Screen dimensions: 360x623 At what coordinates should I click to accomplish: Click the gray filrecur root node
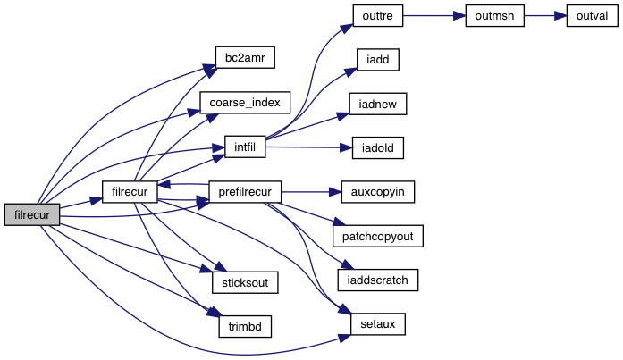(32, 214)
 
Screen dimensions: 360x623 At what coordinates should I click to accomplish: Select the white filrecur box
(130, 191)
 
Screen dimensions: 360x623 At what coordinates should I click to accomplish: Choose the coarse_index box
(244, 103)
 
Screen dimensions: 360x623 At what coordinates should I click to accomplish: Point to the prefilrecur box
(245, 191)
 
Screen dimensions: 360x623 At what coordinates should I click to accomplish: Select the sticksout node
(245, 281)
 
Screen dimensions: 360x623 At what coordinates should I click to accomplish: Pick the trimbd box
(245, 326)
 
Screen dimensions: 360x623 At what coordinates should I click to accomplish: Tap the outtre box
(377, 16)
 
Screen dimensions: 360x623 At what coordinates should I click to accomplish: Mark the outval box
(590, 16)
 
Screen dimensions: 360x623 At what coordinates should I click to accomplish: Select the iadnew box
(377, 104)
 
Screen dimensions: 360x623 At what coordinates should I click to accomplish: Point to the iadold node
(377, 147)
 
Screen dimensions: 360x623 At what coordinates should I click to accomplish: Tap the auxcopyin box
(377, 191)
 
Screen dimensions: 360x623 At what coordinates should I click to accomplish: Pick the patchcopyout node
(377, 236)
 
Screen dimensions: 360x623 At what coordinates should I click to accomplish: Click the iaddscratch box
(377, 280)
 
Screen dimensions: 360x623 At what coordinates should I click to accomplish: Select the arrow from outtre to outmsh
(434, 16)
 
